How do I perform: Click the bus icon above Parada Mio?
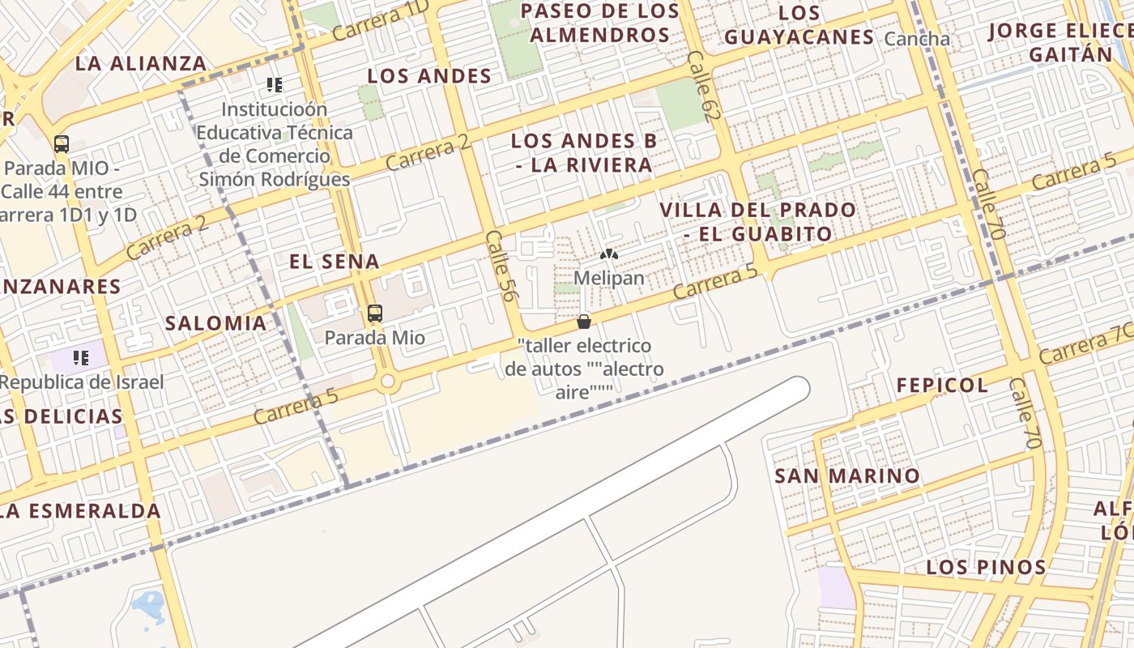point(374,313)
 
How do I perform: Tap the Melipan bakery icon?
point(609,254)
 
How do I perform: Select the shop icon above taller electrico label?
point(583,322)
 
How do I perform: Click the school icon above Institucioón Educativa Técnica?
point(275,84)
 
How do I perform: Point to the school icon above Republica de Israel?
point(80,357)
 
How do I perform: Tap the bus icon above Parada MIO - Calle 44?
point(62,144)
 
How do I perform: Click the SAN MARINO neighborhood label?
point(847,476)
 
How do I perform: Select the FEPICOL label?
point(942,386)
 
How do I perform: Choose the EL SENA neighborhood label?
point(335,262)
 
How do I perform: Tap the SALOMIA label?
point(215,323)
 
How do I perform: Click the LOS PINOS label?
point(986,567)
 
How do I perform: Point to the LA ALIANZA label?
point(142,64)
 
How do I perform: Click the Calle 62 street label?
point(702,87)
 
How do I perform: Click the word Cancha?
point(917,39)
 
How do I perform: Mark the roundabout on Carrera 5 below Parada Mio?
point(387,381)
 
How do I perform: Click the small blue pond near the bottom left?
point(148,603)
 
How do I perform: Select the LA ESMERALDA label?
point(81,511)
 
